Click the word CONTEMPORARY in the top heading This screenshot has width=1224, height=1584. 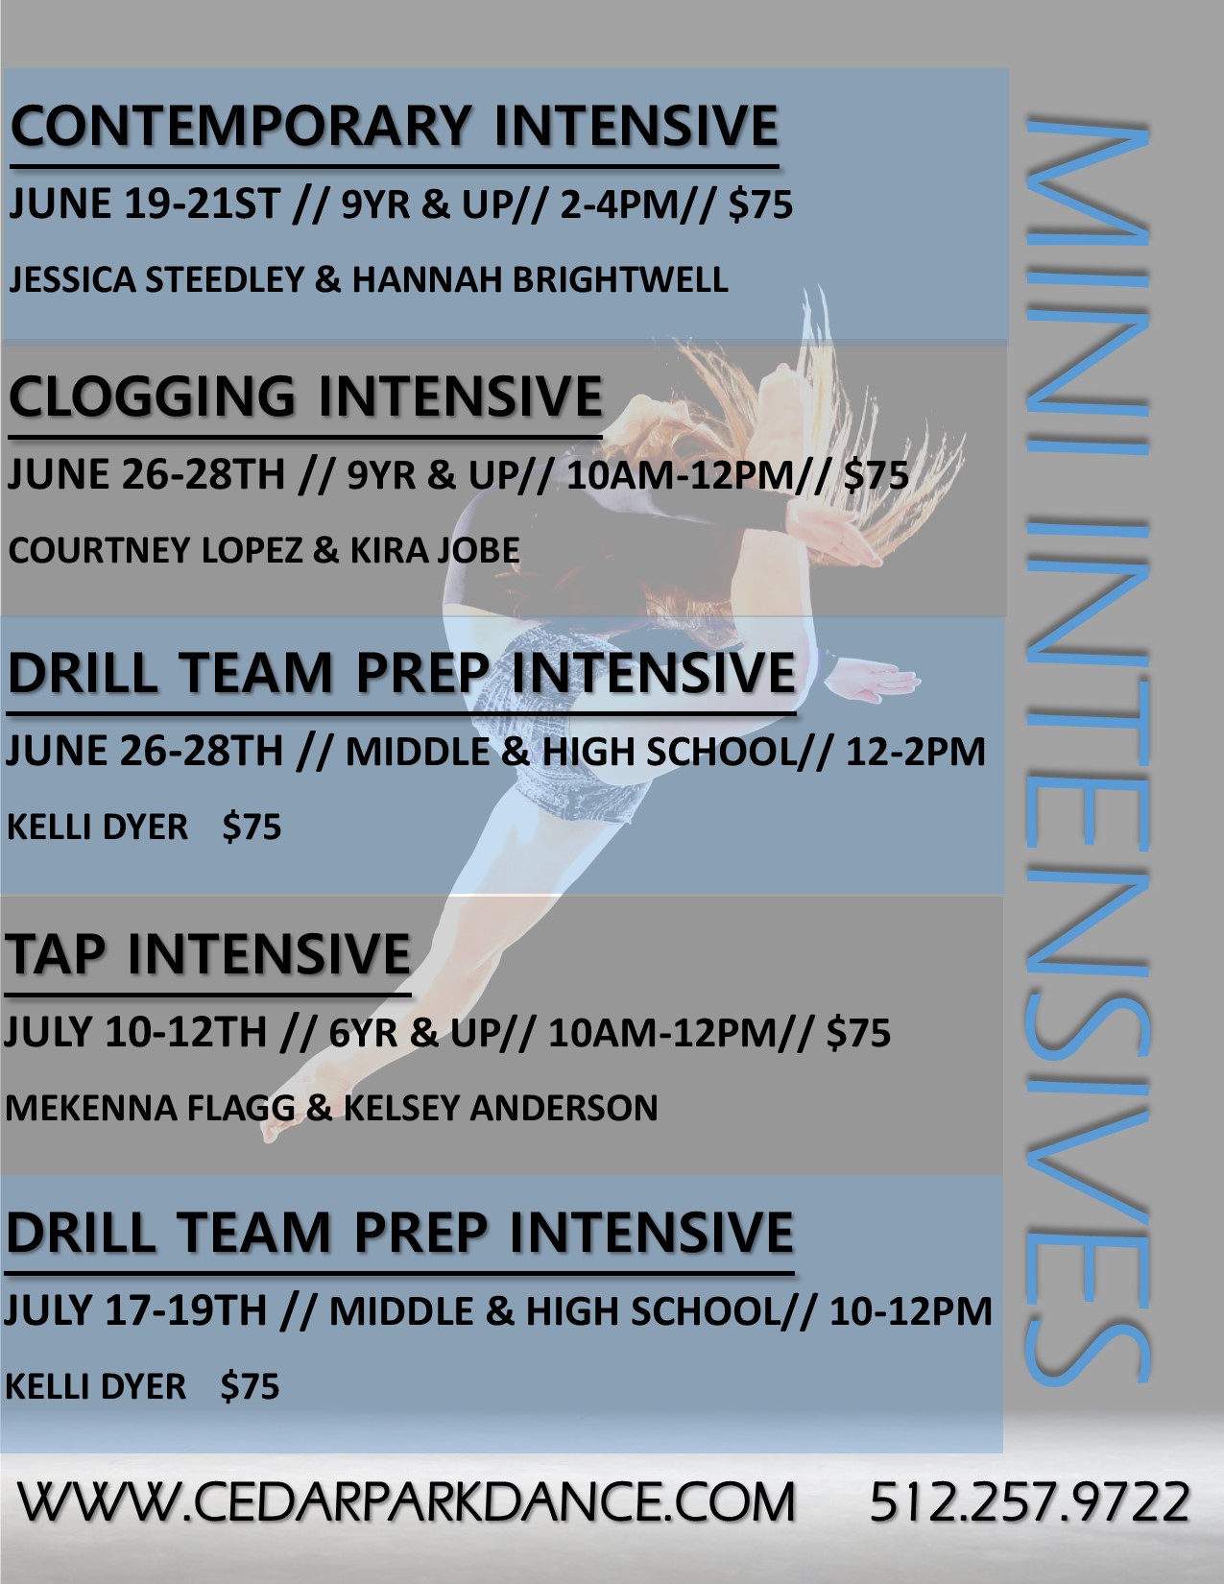pos(241,126)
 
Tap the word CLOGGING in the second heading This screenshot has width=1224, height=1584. pos(153,396)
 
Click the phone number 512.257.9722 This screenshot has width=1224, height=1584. pos(1029,1501)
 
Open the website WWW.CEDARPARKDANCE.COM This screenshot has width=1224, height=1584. pos(406,1501)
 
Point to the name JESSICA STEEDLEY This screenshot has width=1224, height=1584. pos(156,280)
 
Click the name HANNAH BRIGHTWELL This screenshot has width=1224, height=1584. pos(540,280)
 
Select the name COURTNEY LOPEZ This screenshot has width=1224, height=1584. pos(156,550)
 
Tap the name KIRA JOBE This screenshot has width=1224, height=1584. pos(435,550)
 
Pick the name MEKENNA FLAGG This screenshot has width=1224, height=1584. pos(150,1108)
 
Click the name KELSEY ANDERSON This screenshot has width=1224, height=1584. pos(501,1108)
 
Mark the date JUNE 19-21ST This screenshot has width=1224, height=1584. pos(144,204)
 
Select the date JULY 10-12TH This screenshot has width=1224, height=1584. pos(135,1032)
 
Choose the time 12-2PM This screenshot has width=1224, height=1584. pos(916,752)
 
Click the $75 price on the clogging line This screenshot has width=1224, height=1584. pos(876,475)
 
